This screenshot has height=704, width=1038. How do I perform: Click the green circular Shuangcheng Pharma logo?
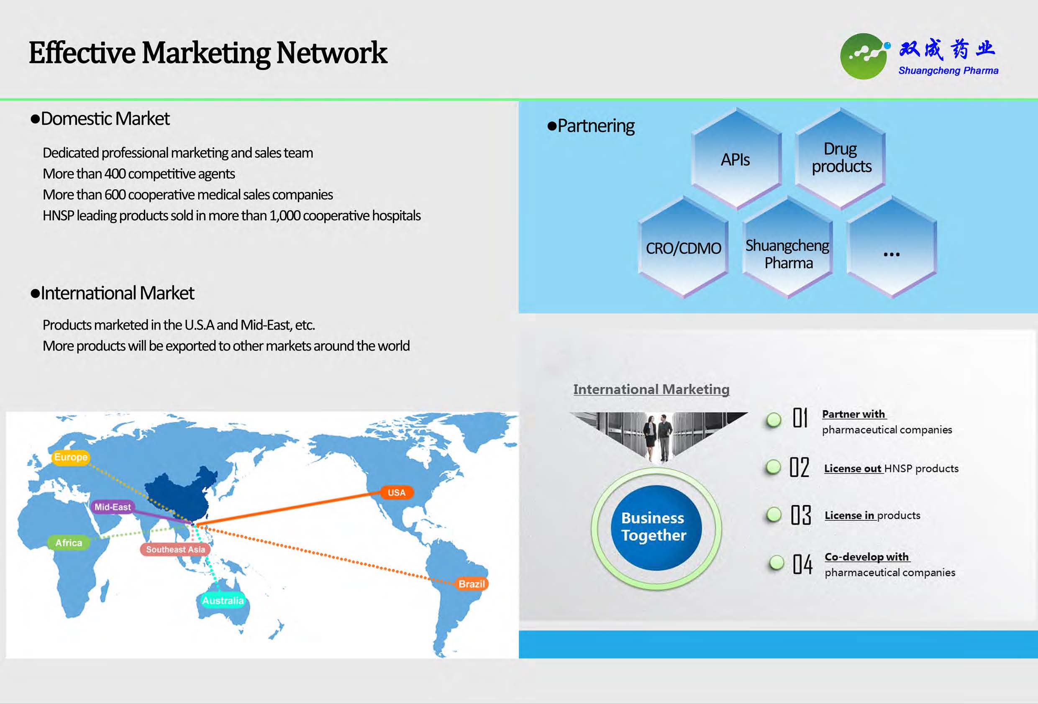863,57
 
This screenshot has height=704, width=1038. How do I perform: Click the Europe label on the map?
71,457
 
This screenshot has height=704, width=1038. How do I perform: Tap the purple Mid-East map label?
113,507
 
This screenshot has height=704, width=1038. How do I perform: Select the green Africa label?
69,543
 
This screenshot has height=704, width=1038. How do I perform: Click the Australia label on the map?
223,600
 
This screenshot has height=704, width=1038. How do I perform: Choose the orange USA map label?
397,492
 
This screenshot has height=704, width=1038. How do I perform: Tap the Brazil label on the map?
472,584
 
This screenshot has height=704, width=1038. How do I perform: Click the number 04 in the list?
802,564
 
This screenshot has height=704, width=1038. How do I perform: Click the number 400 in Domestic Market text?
115,174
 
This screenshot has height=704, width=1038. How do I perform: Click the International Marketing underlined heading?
651,389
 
